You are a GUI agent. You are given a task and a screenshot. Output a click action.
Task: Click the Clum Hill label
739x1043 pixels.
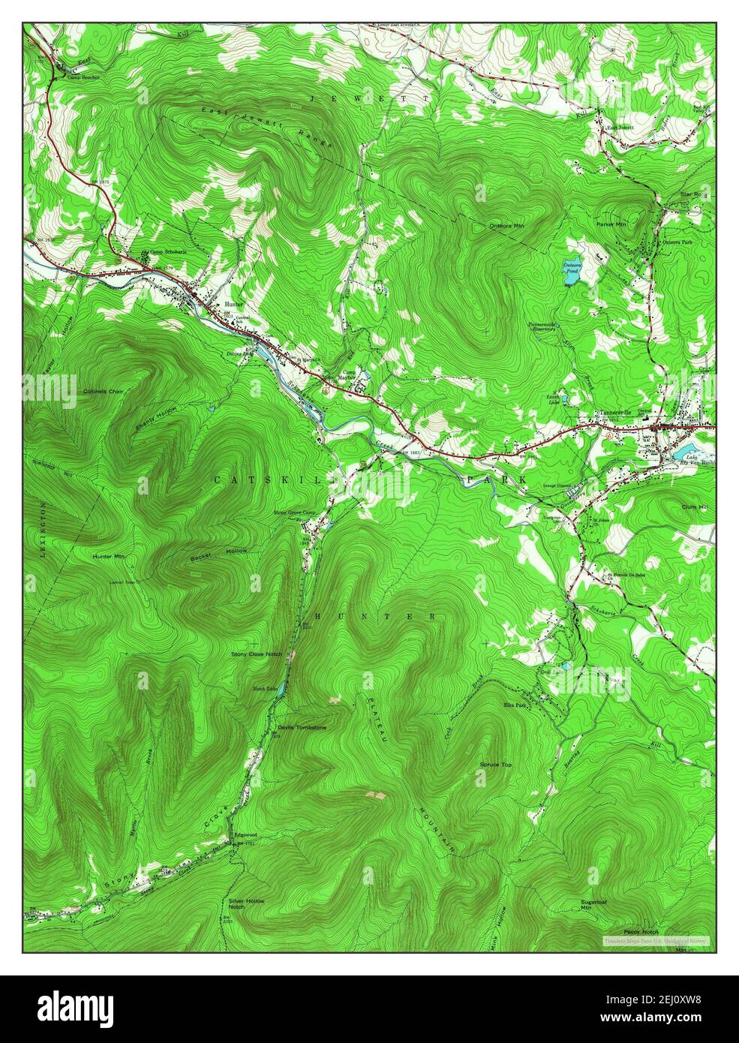pos(695,508)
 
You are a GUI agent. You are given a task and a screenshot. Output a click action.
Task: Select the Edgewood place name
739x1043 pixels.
pos(245,834)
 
